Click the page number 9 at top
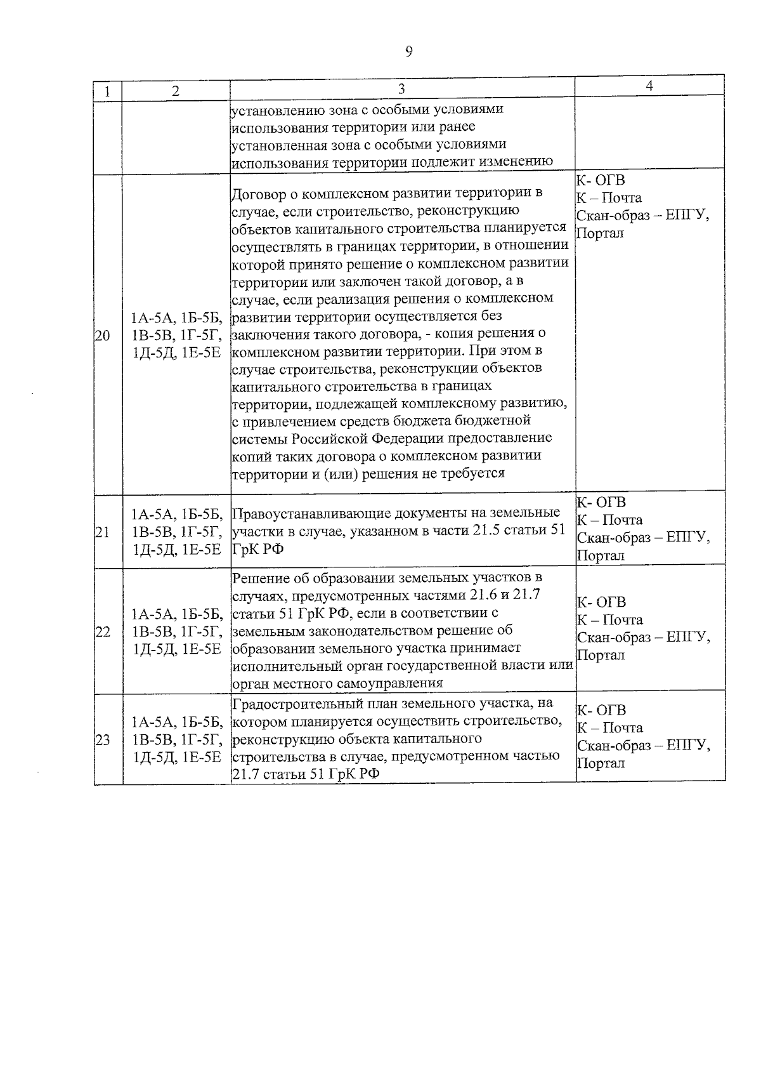[x=408, y=52]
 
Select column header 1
[x=108, y=91]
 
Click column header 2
[x=176, y=91]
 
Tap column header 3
[x=401, y=89]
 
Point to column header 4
[x=649, y=86]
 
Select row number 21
[x=102, y=532]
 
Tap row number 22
[x=102, y=631]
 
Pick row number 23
[x=102, y=740]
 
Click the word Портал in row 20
[x=600, y=233]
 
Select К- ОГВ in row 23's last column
[x=601, y=710]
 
